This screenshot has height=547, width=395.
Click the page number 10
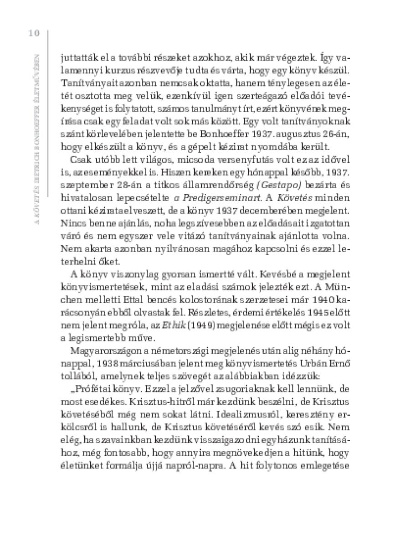[x=34, y=33]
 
